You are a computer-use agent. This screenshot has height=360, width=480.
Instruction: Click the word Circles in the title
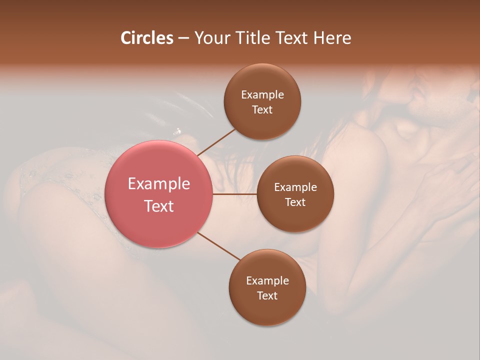[146, 38]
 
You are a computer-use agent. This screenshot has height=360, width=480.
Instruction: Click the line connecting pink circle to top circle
[216, 142]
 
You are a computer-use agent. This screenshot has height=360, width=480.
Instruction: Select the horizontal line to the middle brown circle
[234, 193]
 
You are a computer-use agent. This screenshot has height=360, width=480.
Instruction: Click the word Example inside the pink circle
[159, 184]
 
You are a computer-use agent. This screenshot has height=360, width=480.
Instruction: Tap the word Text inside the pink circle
[159, 206]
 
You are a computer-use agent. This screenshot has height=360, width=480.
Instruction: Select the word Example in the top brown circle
[262, 95]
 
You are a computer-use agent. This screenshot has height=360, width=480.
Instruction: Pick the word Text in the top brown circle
[262, 110]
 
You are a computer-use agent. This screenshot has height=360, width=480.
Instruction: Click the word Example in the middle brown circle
[295, 187]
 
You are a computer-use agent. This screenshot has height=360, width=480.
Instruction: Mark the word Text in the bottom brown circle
[267, 296]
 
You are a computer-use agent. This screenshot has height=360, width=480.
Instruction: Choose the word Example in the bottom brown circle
[267, 281]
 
